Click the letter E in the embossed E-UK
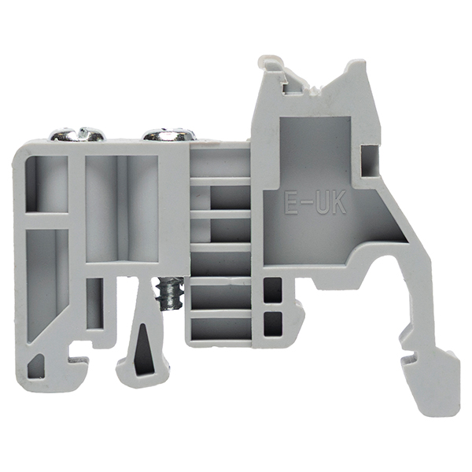tap(290, 202)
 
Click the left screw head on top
tap(78, 135)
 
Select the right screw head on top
tap(169, 135)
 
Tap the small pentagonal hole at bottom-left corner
tap(36, 366)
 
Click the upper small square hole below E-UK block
tap(272, 289)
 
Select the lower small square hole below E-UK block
tap(273, 324)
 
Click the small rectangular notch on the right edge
tap(370, 160)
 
